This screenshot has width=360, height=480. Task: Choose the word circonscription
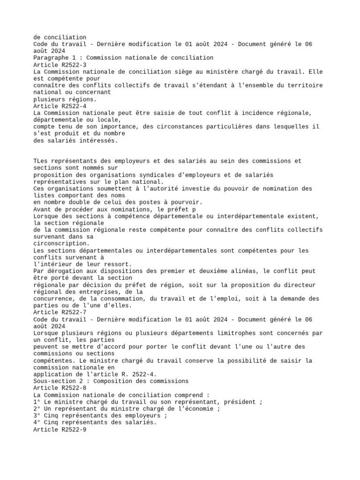tap(61, 243)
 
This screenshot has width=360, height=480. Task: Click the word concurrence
tap(54, 299)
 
